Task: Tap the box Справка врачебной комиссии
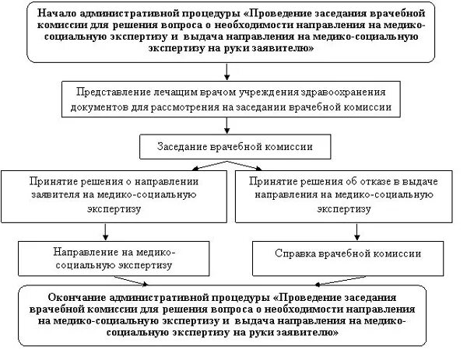(x=349, y=253)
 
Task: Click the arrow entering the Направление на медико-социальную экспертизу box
(x=104, y=229)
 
